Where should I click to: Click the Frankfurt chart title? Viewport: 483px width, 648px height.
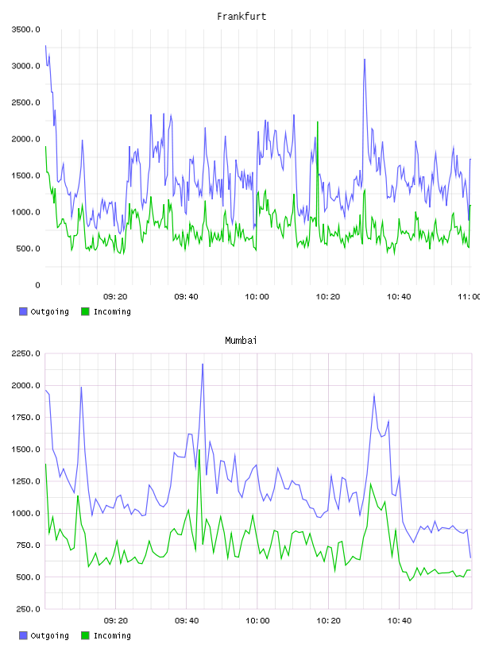click(x=241, y=17)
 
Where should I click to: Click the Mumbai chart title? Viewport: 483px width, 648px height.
click(x=241, y=341)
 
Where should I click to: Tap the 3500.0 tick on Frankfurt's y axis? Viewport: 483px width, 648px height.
click(x=25, y=29)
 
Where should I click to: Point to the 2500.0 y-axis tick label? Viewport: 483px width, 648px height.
click(x=25, y=102)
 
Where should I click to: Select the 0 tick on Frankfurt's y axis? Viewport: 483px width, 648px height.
click(x=37, y=285)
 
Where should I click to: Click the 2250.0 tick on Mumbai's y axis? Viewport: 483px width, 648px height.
click(x=25, y=353)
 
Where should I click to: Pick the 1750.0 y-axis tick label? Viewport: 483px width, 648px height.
click(x=25, y=418)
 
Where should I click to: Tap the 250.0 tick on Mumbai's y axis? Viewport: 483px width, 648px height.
click(x=28, y=609)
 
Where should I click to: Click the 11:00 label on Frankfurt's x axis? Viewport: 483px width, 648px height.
click(x=470, y=297)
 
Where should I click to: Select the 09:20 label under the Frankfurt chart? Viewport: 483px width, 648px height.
click(x=115, y=297)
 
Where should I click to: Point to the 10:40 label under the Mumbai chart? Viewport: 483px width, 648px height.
click(x=399, y=621)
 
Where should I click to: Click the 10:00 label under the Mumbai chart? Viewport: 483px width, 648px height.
click(x=257, y=621)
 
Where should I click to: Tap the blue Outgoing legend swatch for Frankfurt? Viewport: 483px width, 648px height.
click(x=23, y=311)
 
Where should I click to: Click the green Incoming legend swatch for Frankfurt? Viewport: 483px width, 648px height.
click(x=85, y=311)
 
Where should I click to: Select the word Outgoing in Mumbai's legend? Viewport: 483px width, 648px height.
click(x=49, y=635)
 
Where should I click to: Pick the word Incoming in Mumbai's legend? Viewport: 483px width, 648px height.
click(x=112, y=635)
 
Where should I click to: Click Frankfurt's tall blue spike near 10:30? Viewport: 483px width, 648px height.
click(x=365, y=60)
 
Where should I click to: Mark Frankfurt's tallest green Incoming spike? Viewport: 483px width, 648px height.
click(x=318, y=122)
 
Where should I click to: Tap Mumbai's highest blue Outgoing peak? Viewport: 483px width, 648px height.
click(x=203, y=364)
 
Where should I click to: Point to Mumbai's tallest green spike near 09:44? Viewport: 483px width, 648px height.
click(x=199, y=450)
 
